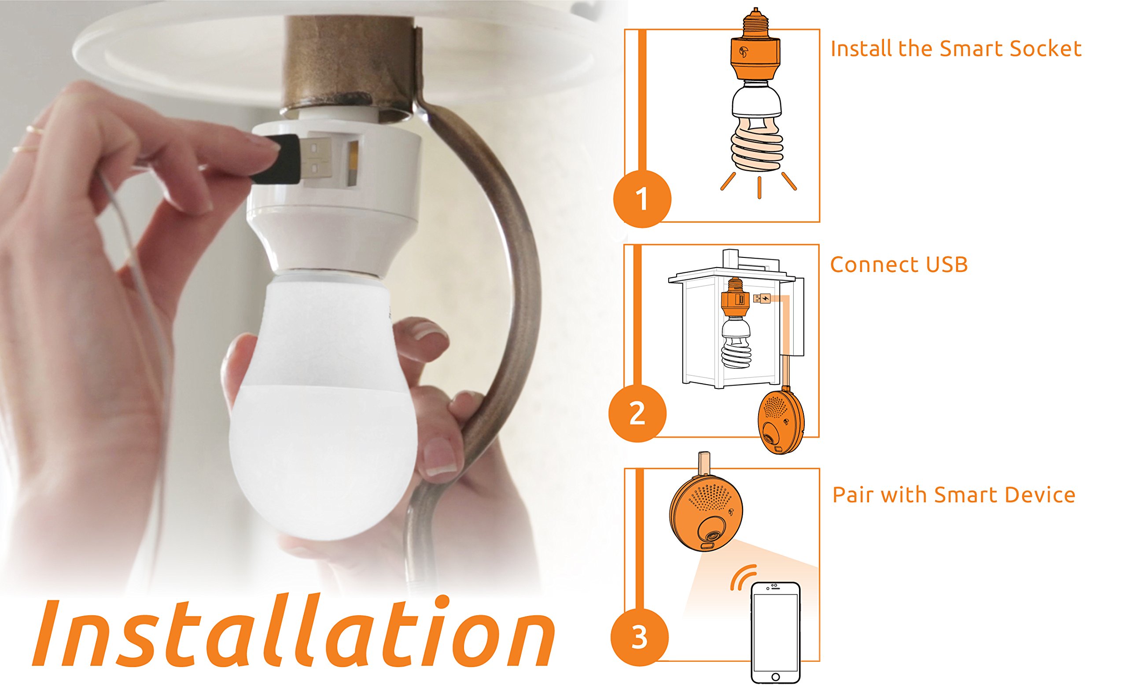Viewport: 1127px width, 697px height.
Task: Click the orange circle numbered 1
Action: (x=641, y=199)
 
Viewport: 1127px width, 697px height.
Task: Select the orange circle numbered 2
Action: (x=637, y=413)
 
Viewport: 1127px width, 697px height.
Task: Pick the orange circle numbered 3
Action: (x=639, y=638)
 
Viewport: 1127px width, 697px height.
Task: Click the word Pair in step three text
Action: (x=854, y=495)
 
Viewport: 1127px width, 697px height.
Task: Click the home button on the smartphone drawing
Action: (x=775, y=676)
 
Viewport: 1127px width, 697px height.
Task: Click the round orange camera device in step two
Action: (x=781, y=422)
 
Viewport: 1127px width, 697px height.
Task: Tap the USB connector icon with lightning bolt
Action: (x=761, y=299)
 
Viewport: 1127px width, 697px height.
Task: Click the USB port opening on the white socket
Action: (x=353, y=164)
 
